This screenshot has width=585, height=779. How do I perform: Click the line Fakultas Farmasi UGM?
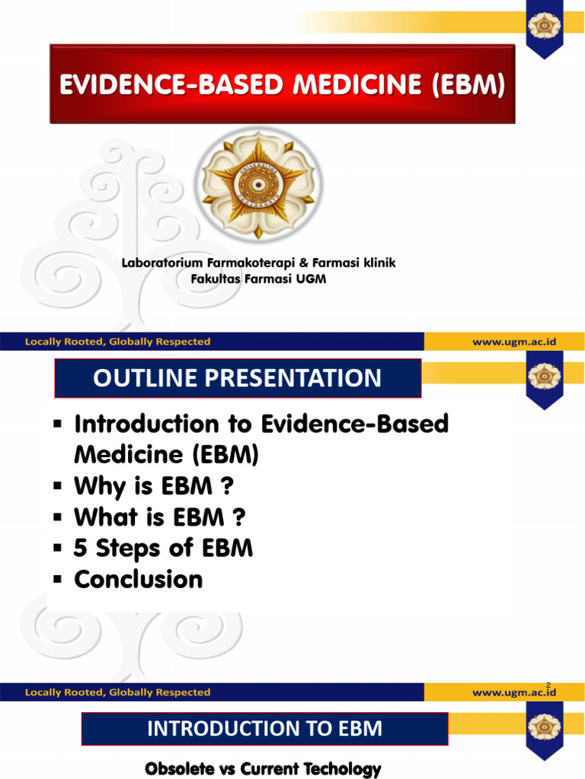[x=257, y=278]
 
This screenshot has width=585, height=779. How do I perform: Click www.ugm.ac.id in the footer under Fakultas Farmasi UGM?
[x=514, y=342]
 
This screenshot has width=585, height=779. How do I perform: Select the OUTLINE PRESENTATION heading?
[x=237, y=378]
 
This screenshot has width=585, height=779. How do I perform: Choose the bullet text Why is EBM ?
[x=152, y=486]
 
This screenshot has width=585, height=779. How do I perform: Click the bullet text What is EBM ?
[x=160, y=517]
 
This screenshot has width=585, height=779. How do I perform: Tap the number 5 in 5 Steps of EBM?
[x=81, y=548]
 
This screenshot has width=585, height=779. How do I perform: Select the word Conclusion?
[x=139, y=580]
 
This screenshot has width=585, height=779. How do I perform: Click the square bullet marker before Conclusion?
[x=57, y=580]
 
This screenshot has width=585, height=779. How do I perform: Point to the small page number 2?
[x=548, y=685]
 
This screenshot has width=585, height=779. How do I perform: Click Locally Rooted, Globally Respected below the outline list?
[x=117, y=692]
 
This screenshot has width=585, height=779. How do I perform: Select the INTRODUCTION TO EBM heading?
[x=264, y=730]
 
